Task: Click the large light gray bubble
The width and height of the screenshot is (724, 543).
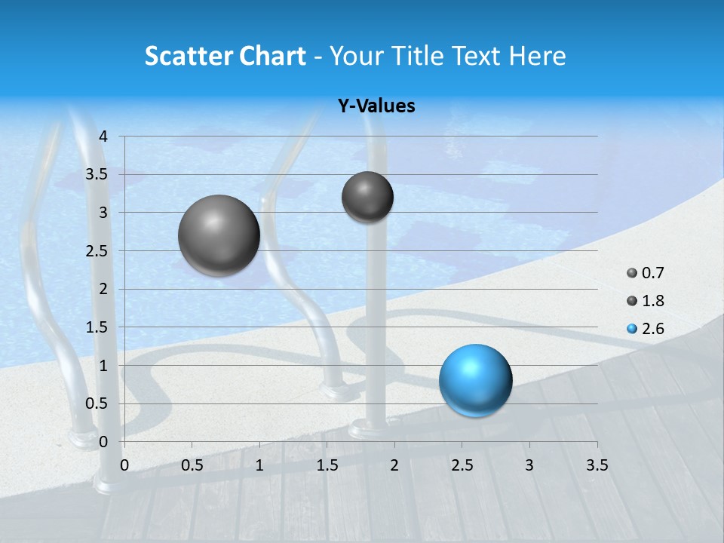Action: coord(219,235)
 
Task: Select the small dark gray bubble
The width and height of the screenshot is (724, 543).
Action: coord(367,197)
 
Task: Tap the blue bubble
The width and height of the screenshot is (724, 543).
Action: coord(475,380)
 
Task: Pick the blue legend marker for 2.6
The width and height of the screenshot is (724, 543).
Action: coord(632,329)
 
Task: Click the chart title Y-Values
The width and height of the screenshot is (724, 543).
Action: coord(376,106)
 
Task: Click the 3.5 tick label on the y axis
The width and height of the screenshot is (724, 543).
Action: coord(97,174)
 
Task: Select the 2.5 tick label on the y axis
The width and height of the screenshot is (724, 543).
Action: coord(97,250)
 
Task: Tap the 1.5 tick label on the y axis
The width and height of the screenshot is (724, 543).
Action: coord(97,327)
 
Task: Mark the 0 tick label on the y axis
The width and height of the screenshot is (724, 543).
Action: coord(104,441)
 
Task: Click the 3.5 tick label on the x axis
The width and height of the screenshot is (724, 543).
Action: coord(597,465)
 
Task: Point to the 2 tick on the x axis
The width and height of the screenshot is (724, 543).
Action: coord(394,465)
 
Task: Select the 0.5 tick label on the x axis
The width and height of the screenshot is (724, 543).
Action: coord(192,465)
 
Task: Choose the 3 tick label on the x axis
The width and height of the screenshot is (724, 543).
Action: coord(529,465)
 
